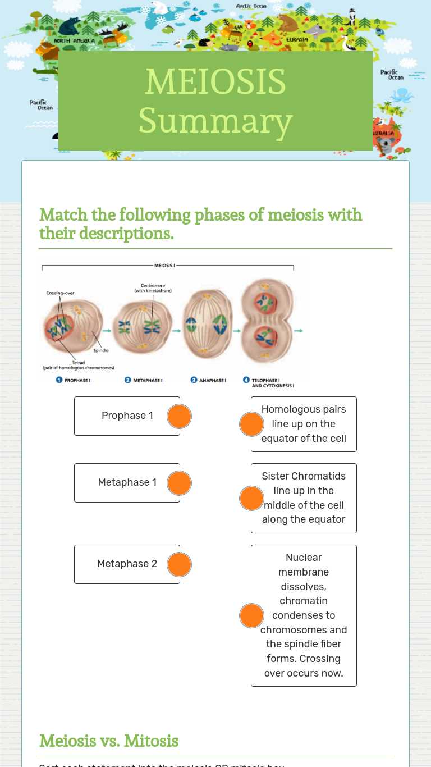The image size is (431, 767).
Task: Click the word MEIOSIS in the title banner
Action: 215,82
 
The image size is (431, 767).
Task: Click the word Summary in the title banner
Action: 215,121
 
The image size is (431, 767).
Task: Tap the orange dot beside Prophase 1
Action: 180,417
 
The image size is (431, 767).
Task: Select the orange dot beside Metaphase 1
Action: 180,483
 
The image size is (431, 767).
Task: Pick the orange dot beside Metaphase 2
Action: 180,565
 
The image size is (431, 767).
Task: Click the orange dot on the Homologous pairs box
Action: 251,424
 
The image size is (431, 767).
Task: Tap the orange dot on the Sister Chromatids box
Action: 251,499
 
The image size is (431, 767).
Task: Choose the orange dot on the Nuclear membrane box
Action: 251,616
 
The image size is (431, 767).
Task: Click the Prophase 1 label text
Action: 127,416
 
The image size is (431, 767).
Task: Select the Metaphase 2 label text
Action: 127,564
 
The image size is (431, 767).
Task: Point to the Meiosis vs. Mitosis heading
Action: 109,741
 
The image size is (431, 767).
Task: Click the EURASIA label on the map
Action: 297,40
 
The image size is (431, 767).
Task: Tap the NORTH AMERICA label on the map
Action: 75,41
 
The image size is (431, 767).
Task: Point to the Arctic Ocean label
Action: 251,6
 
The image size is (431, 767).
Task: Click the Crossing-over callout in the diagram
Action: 60,293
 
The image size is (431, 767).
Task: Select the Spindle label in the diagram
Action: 101,350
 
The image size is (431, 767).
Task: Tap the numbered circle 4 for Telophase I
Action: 246,380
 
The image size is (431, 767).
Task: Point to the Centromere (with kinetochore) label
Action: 153,288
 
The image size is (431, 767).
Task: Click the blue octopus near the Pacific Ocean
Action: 402,95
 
